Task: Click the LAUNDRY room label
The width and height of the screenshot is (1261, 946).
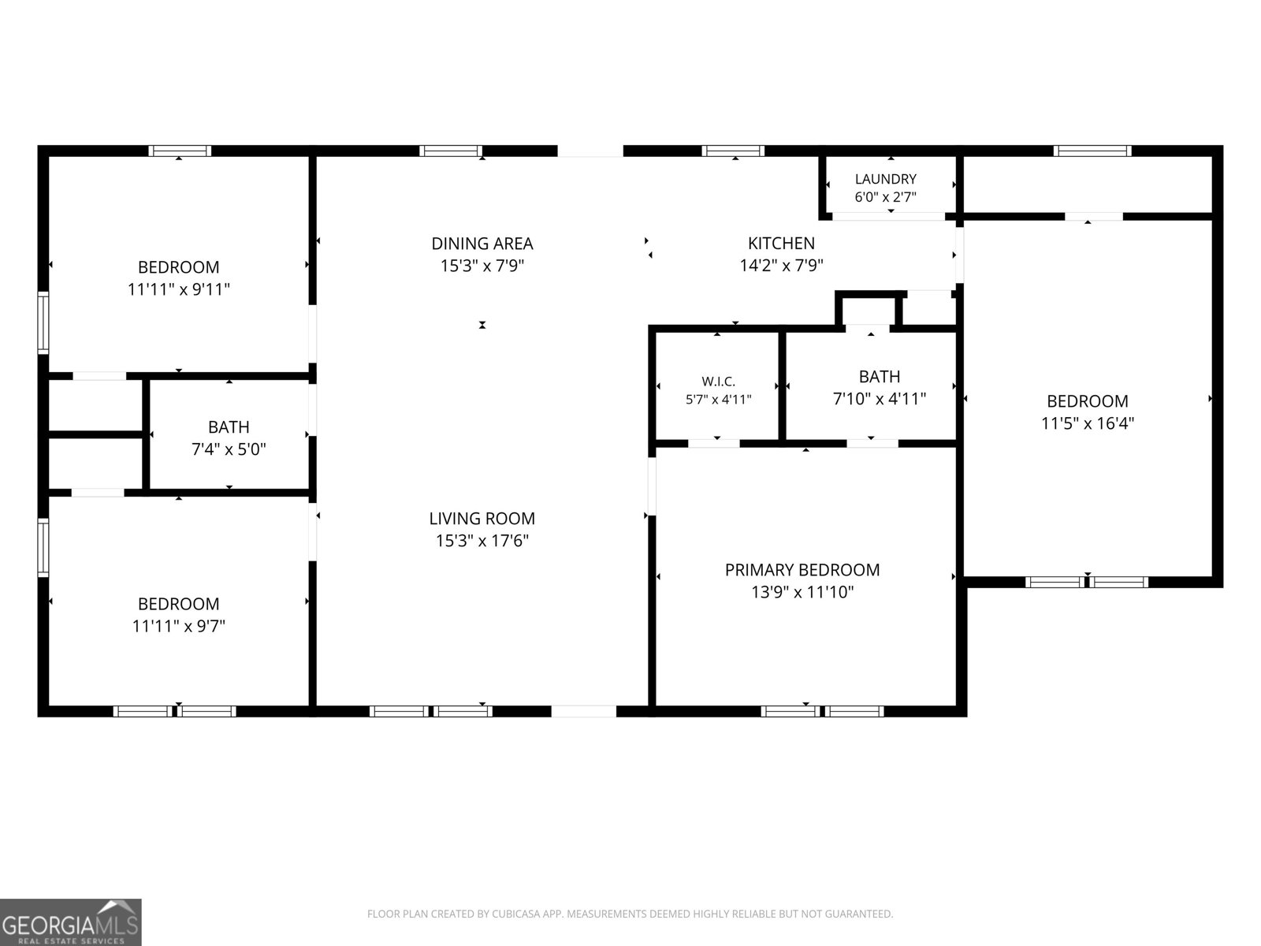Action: pyautogui.click(x=885, y=179)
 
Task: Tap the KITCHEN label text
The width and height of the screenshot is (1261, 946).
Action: pyautogui.click(x=781, y=244)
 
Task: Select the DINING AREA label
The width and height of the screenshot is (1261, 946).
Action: pyautogui.click(x=482, y=244)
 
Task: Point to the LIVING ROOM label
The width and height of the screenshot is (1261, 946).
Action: pyautogui.click(x=482, y=519)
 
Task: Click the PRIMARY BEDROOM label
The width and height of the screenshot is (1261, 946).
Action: pyautogui.click(x=802, y=570)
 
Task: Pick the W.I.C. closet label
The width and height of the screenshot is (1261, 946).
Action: pyautogui.click(x=718, y=382)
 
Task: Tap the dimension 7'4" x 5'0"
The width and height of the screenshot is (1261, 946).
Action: pyautogui.click(x=229, y=449)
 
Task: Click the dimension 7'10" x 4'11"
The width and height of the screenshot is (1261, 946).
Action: pyautogui.click(x=880, y=399)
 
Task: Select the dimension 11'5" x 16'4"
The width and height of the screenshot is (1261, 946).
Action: pyautogui.click(x=1088, y=423)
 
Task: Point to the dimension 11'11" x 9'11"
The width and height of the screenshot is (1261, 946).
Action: pyautogui.click(x=179, y=289)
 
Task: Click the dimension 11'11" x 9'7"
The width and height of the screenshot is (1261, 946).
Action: pyautogui.click(x=179, y=625)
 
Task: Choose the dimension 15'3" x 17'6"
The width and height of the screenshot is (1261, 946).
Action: pyautogui.click(x=482, y=541)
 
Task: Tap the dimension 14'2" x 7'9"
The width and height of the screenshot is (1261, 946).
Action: pyautogui.click(x=781, y=266)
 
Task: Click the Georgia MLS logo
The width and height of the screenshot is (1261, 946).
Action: pyautogui.click(x=71, y=922)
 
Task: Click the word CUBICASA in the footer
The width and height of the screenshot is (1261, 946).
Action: pyautogui.click(x=512, y=914)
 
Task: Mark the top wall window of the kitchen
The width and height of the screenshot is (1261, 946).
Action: pyautogui.click(x=733, y=151)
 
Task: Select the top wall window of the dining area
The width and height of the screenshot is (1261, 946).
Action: pyautogui.click(x=451, y=151)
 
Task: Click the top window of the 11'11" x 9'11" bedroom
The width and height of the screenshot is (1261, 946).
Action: pyautogui.click(x=180, y=151)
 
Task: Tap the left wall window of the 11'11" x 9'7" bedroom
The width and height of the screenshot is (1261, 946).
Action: pyautogui.click(x=43, y=547)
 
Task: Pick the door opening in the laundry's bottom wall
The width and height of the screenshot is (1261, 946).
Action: pyautogui.click(x=889, y=217)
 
